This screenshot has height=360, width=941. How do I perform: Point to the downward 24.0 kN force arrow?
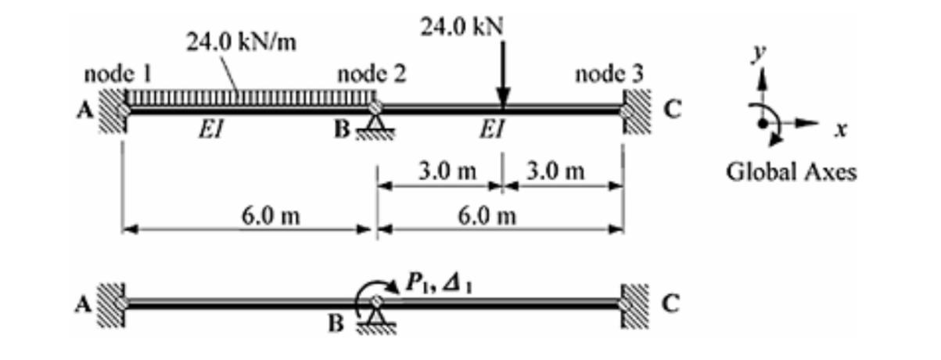[502, 74]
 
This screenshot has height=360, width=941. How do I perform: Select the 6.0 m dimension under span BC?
[492, 214]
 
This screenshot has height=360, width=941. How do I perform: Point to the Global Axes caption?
[792, 171]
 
